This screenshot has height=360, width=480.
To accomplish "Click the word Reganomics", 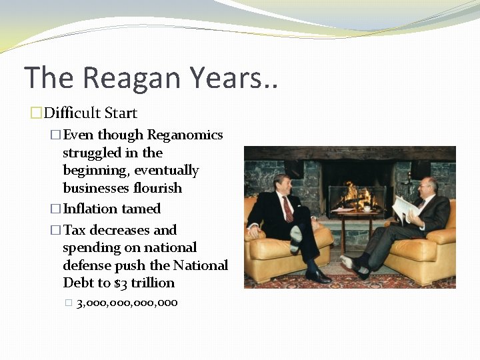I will pyautogui.click(x=185, y=135).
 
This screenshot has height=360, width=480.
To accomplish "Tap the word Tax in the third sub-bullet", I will pyautogui.click(x=75, y=231).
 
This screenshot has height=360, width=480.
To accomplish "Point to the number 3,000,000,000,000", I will pyautogui.click(x=127, y=303).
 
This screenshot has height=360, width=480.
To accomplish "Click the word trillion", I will pyautogui.click(x=154, y=283).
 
